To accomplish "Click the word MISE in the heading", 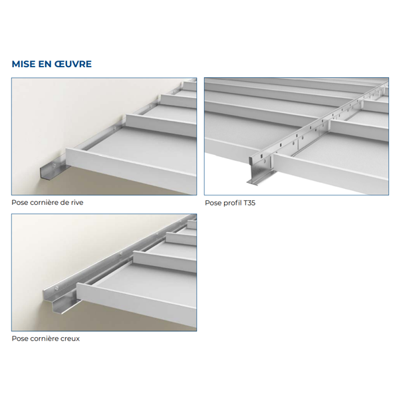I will [x=24, y=65].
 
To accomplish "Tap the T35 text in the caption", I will [x=249, y=203].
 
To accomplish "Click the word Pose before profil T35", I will [x=212, y=203].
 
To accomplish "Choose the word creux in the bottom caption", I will [x=70, y=338].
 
